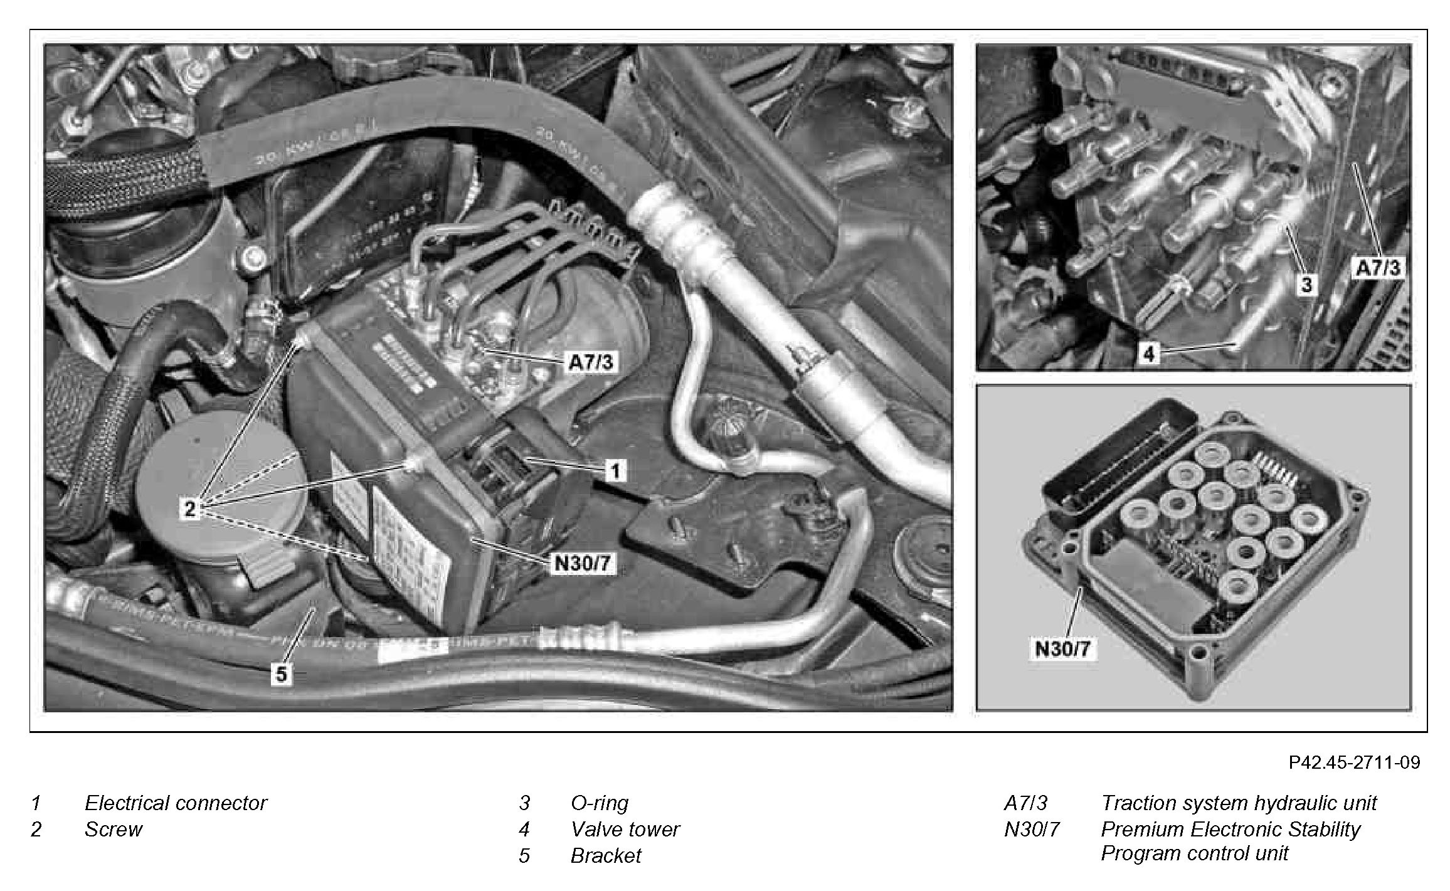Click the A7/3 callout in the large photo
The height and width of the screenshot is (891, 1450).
click(590, 363)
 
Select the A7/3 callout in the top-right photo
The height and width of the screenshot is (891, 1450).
click(1377, 268)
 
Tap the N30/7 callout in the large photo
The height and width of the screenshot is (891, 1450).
click(581, 564)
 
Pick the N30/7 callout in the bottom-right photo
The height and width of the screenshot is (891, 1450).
click(1062, 648)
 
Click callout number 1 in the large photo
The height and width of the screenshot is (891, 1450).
click(616, 470)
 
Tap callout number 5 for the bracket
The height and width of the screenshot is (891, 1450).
click(281, 673)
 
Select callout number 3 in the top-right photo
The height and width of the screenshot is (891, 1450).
click(1306, 285)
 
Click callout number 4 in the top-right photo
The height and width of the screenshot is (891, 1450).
click(1149, 355)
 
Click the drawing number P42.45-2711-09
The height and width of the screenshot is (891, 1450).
click(1354, 762)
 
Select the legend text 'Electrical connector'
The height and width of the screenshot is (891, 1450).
click(176, 803)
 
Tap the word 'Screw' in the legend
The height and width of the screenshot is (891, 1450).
click(114, 830)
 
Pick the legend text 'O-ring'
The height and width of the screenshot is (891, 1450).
click(599, 803)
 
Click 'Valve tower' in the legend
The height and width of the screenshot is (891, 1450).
click(625, 830)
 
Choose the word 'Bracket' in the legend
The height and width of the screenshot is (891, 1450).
click(606, 856)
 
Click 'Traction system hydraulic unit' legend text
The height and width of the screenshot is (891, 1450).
click(1239, 803)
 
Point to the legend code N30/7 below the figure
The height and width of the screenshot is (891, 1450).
click(1032, 830)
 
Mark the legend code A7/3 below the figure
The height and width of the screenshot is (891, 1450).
click(1025, 803)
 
